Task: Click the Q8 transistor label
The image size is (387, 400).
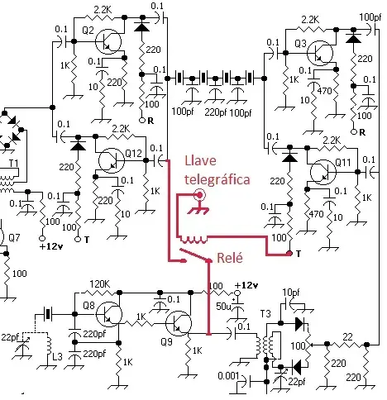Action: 92,305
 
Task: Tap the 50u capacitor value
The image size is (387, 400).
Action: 222,306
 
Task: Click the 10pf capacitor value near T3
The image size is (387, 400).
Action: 291,293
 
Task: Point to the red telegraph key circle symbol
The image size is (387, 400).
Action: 198,196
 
